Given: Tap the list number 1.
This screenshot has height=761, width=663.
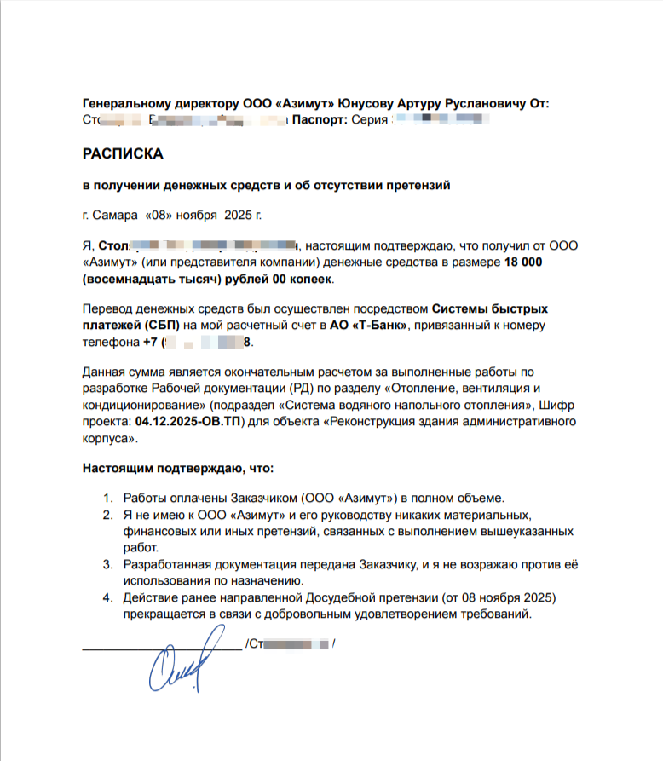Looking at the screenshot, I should coord(107,498).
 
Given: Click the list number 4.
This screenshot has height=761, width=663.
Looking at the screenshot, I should coord(107,597).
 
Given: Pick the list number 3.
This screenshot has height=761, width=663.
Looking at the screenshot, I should coord(107,564).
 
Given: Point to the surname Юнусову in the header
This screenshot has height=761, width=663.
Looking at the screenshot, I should coord(369,104).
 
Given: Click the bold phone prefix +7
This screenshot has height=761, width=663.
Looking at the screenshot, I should coord(151,343).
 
